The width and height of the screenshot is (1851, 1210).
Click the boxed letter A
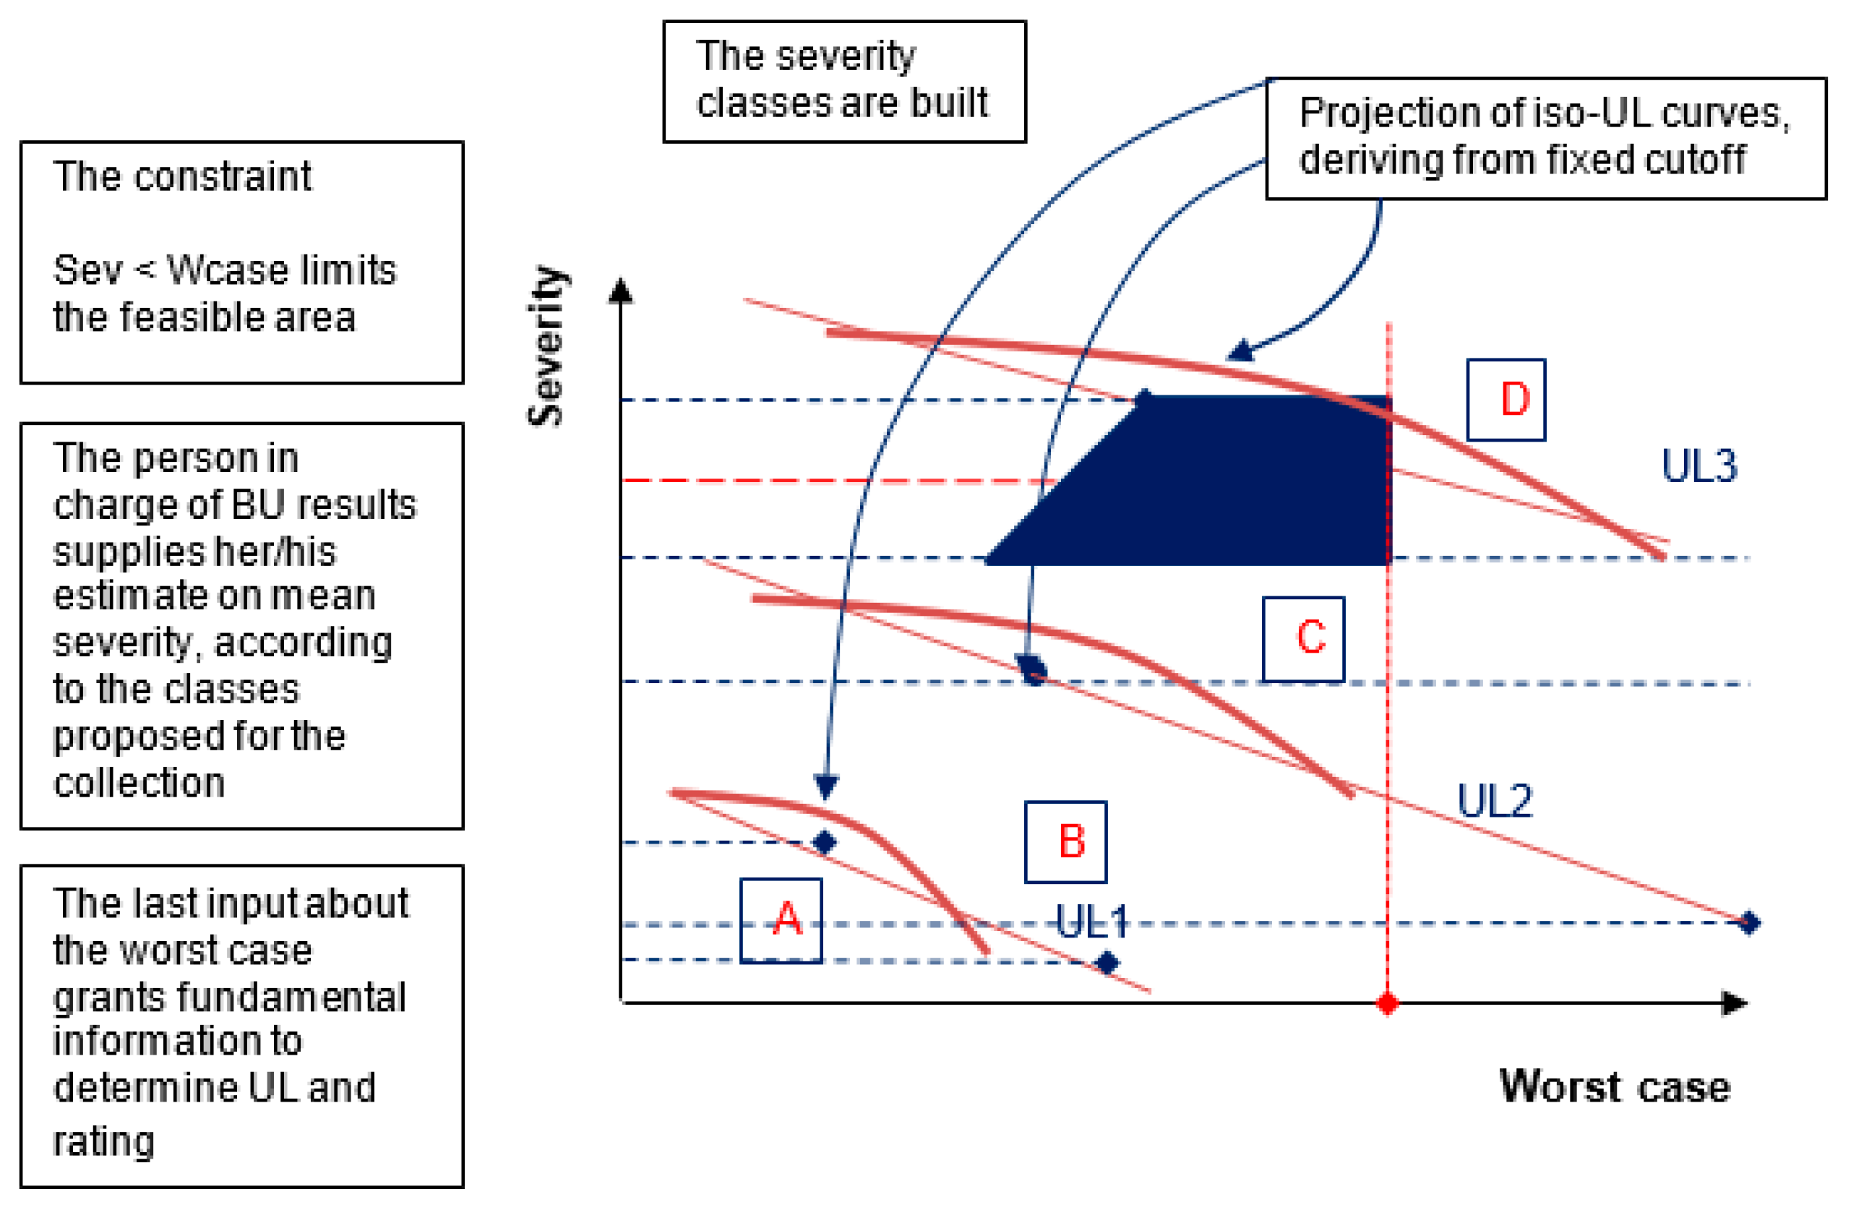pos(781,920)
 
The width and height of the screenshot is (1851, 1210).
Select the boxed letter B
pos(1065,842)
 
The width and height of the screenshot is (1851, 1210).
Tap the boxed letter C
pos(1303,638)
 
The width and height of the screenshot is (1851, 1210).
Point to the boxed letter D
pos(1506,400)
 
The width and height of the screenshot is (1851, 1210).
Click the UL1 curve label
pos(1092,922)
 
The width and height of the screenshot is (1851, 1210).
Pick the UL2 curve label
pos(1494,801)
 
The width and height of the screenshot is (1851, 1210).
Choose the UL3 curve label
pos(1698,467)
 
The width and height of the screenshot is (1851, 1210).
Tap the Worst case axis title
pos(1615,1086)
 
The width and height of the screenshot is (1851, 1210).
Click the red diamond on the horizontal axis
pos(1388,1003)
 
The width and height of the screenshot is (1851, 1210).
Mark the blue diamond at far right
pos(1749,923)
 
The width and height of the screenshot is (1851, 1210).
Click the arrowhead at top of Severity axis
pos(621,291)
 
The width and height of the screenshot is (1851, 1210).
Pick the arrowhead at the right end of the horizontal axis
pos(1734,1003)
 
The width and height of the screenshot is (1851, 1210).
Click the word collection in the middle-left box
pos(139,782)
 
